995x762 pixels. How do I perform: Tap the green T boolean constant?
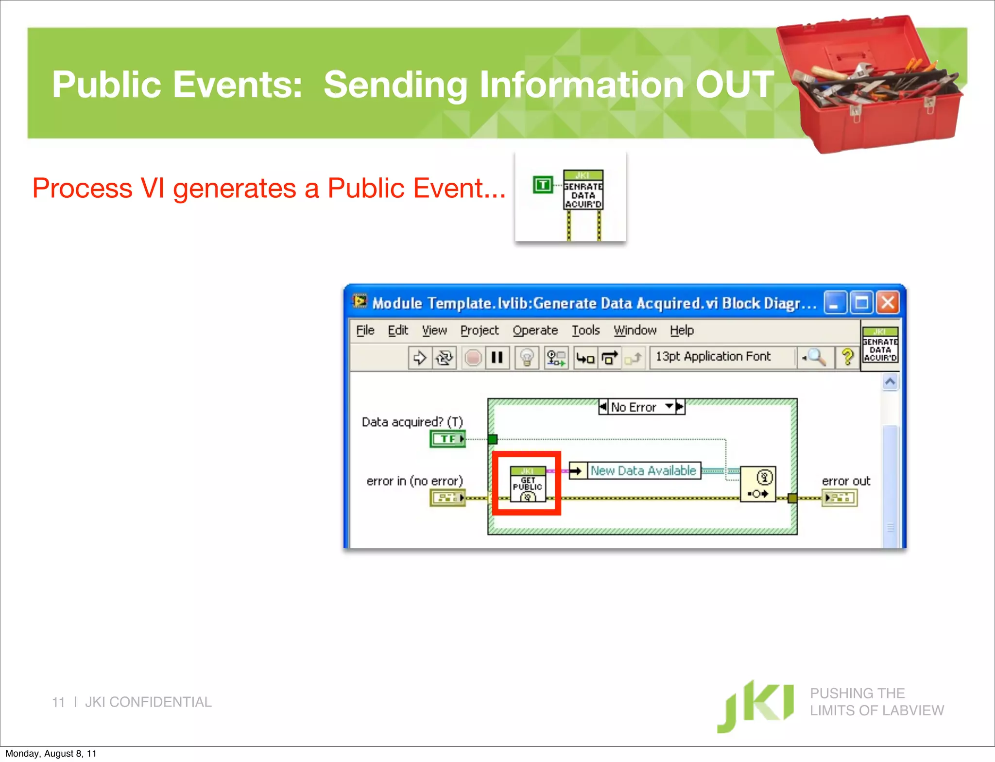click(543, 185)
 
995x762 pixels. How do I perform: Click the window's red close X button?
click(888, 303)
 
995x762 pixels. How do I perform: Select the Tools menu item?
click(585, 330)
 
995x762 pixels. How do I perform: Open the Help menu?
click(682, 330)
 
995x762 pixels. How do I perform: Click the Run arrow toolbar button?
click(419, 358)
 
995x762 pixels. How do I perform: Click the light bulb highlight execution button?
click(527, 358)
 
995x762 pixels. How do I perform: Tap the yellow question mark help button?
click(847, 357)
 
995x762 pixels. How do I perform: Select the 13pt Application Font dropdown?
click(713, 357)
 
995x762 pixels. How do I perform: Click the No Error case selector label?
click(634, 407)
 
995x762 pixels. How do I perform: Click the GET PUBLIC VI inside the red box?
click(528, 484)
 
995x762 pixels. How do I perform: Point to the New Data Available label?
click(643, 470)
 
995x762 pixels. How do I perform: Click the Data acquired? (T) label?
click(412, 422)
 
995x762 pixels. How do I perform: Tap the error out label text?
click(845, 481)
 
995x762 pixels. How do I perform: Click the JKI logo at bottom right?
click(755, 706)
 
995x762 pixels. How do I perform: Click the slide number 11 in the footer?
click(58, 702)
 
